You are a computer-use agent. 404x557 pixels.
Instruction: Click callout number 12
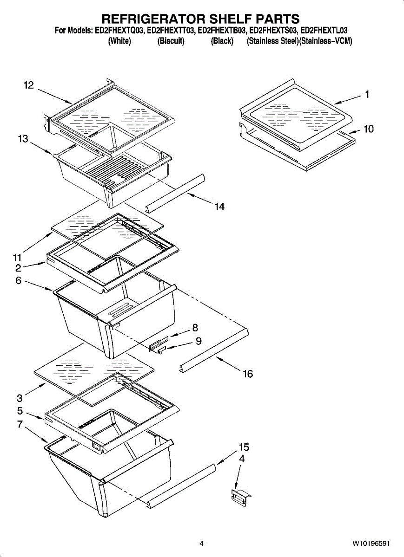pyautogui.click(x=29, y=85)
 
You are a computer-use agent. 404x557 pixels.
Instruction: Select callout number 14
pyautogui.click(x=219, y=207)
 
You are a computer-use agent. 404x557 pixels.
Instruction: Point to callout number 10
pyautogui.click(x=368, y=129)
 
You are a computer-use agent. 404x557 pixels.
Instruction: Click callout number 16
pyautogui.click(x=248, y=374)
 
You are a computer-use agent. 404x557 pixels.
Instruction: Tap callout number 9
pyautogui.click(x=199, y=341)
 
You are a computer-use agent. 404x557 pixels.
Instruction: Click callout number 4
pyautogui.click(x=242, y=459)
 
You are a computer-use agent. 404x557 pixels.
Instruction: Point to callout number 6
pyautogui.click(x=18, y=280)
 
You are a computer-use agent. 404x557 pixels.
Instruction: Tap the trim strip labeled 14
pyautogui.click(x=176, y=192)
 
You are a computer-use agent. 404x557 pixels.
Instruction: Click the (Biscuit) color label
pyautogui.click(x=171, y=41)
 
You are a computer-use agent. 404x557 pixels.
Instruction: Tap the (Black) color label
pyautogui.click(x=222, y=41)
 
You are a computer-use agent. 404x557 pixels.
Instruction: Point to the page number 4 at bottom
pyautogui.click(x=201, y=543)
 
